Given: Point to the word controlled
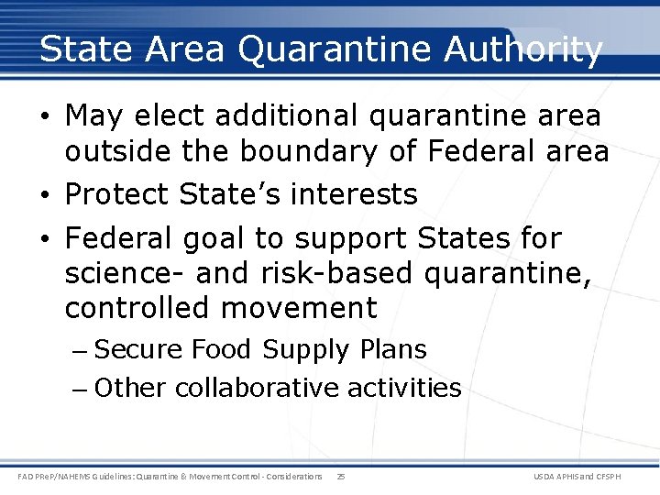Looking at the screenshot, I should (x=138, y=308).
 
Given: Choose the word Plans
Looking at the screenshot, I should (x=392, y=349).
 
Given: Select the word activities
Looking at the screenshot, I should (x=404, y=388).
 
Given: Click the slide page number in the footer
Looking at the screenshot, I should (x=341, y=477).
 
